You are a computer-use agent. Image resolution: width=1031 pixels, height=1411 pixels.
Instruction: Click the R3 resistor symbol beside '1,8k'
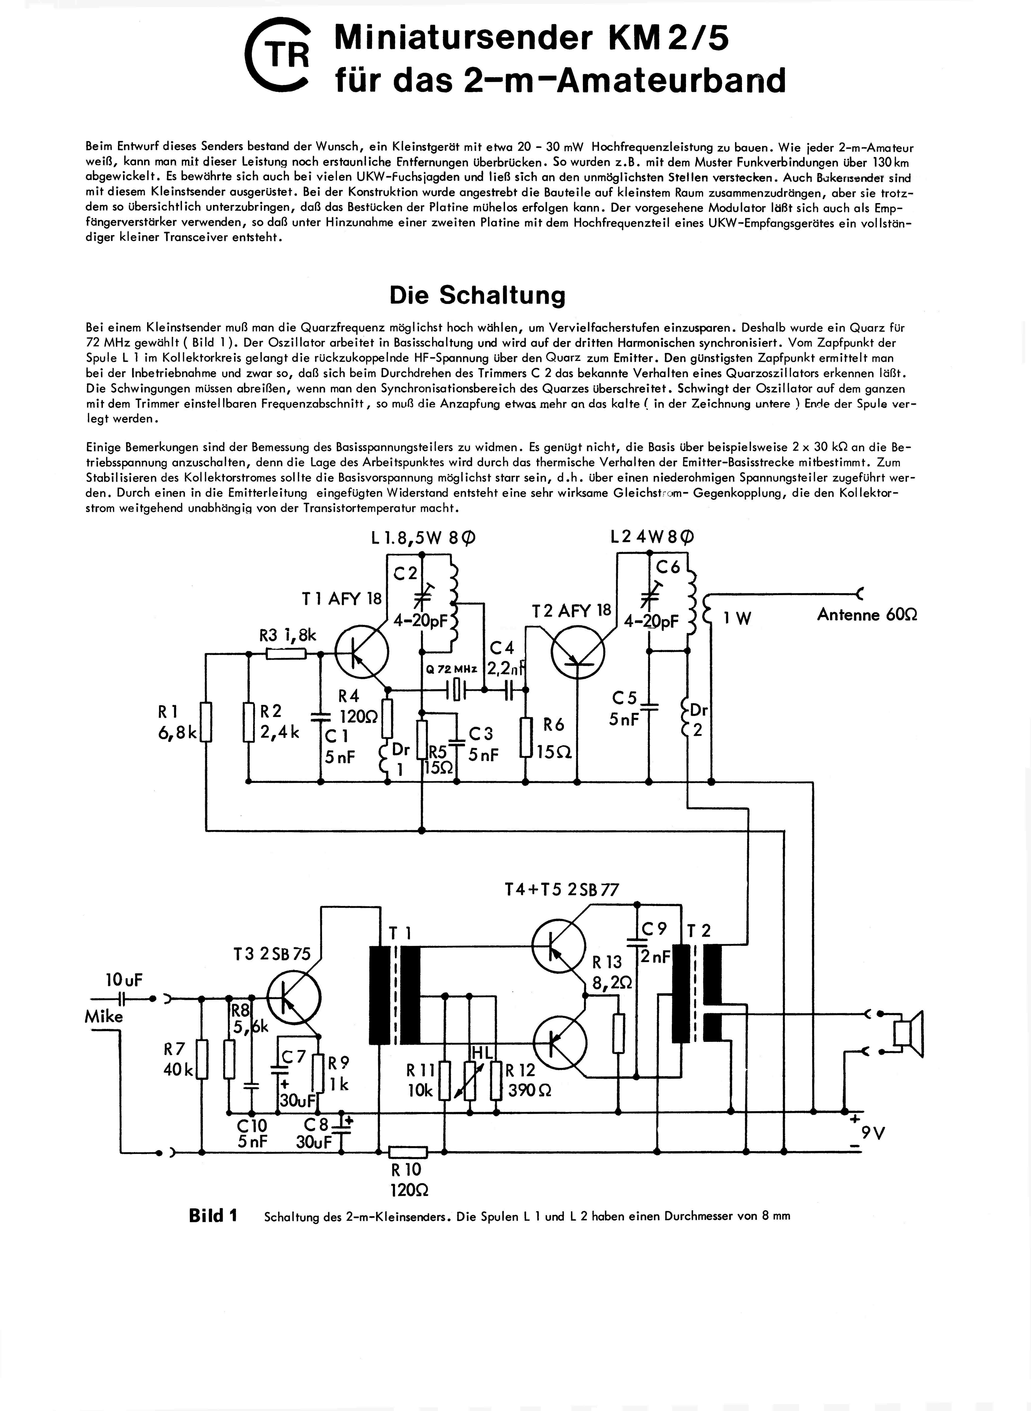(286, 653)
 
